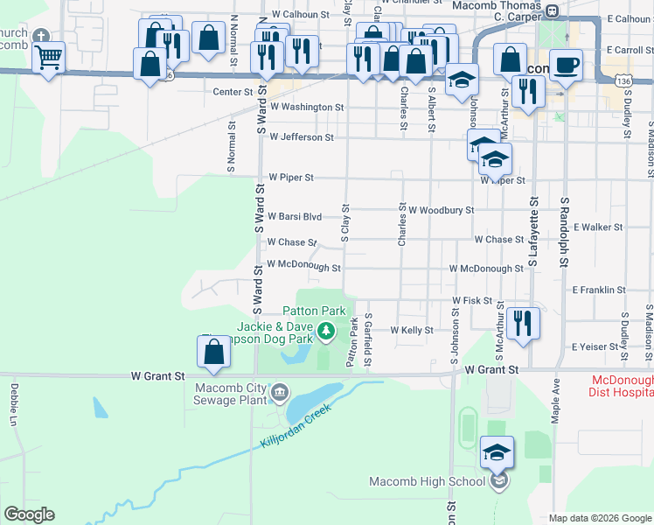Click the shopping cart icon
click(x=48, y=59)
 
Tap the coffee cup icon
click(x=566, y=65)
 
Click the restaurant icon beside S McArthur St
click(x=523, y=323)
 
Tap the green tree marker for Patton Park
click(x=326, y=331)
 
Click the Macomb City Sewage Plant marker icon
click(x=280, y=391)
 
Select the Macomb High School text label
click(x=427, y=482)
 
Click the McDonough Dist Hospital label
click(x=623, y=387)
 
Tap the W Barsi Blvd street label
click(x=295, y=216)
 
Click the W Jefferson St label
click(x=302, y=137)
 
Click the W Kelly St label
click(x=412, y=330)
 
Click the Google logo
click(x=29, y=514)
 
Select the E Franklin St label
click(x=599, y=289)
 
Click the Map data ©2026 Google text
click(x=600, y=518)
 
